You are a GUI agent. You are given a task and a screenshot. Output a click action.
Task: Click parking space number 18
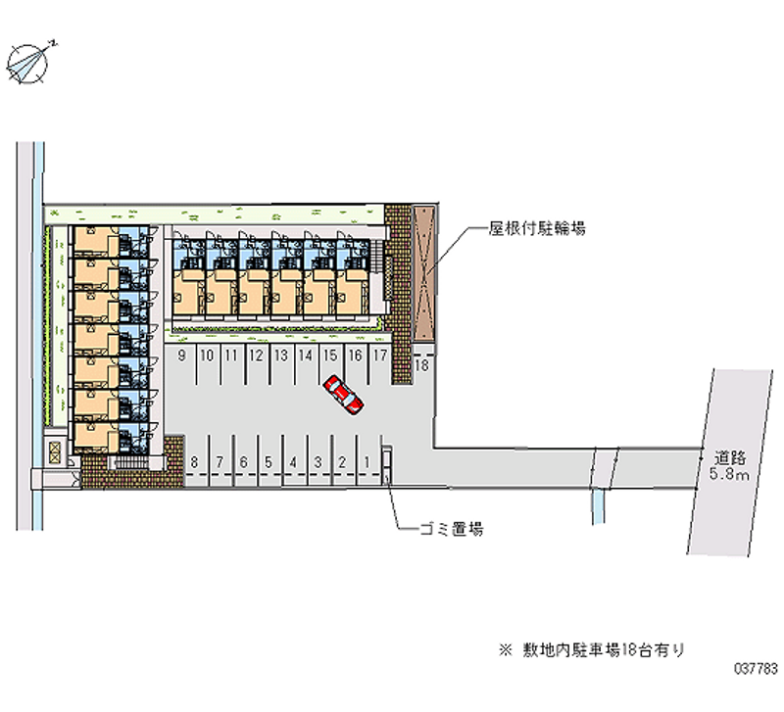coord(422,365)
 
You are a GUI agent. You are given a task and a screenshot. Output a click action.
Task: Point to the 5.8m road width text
coord(731,475)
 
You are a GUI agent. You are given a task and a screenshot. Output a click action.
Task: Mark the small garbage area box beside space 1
coord(386,464)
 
